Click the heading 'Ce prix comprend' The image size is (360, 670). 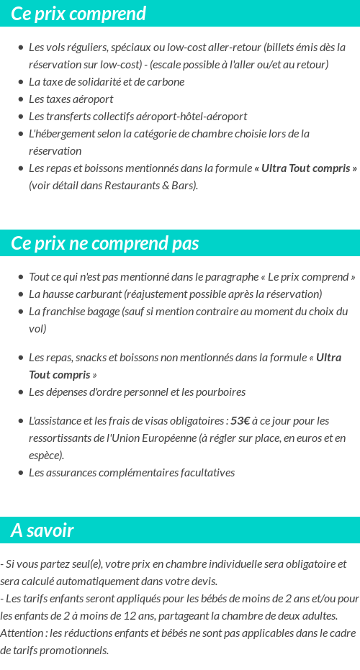click(x=78, y=14)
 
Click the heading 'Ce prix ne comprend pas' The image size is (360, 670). click(x=104, y=243)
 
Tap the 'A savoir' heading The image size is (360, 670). click(x=42, y=530)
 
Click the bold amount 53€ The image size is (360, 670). click(x=240, y=420)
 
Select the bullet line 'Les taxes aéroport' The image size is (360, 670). click(x=71, y=99)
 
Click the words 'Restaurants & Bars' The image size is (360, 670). click(x=154, y=185)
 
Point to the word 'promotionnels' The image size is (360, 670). click(x=75, y=650)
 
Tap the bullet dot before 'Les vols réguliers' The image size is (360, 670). click(x=21, y=47)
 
